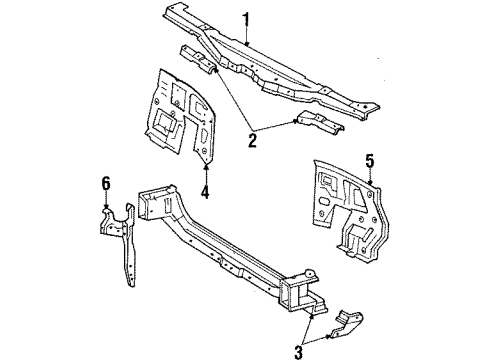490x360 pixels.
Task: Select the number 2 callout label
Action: [x=252, y=141]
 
